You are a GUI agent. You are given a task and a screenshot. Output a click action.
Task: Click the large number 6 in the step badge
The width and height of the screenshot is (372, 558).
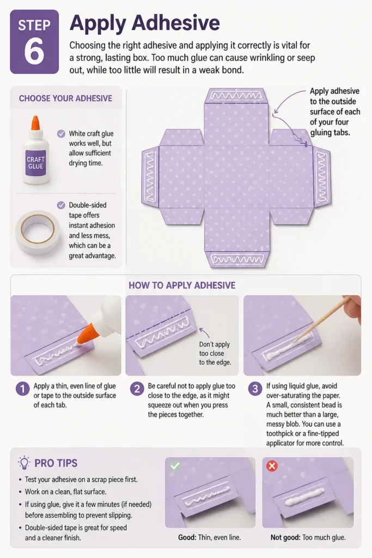tap(34, 52)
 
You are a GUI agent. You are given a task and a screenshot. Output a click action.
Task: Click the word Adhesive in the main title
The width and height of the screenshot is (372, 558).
tap(176, 23)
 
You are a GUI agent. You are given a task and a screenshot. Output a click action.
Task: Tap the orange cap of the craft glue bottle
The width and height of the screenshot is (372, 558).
tap(35, 123)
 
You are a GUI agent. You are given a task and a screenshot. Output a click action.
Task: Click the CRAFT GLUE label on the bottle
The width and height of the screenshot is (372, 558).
tap(35, 162)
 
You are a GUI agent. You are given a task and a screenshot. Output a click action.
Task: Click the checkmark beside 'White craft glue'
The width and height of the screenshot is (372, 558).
tap(61, 134)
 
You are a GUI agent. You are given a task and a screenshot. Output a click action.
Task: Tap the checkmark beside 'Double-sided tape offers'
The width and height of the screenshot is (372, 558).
tap(61, 205)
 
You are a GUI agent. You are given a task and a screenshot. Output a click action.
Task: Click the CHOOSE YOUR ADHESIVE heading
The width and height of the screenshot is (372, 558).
tap(65, 98)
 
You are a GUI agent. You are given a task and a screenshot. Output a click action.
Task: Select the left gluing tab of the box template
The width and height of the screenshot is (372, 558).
tap(150, 177)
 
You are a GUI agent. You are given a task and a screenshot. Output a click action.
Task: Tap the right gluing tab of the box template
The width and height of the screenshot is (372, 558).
tap(322, 177)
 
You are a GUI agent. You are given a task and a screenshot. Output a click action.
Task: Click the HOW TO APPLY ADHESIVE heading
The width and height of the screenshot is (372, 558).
tap(182, 286)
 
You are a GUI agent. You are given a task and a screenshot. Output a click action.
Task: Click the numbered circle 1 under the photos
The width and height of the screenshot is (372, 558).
tap(22, 389)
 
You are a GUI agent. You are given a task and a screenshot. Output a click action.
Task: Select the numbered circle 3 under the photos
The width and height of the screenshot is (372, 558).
tap(255, 389)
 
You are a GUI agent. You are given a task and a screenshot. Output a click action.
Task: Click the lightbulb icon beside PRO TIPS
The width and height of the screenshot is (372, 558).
tap(24, 463)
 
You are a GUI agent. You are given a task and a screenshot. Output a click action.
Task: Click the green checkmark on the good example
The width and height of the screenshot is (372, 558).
tap(175, 465)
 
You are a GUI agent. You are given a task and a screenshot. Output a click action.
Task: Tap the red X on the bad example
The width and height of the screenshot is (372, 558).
tap(272, 466)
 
